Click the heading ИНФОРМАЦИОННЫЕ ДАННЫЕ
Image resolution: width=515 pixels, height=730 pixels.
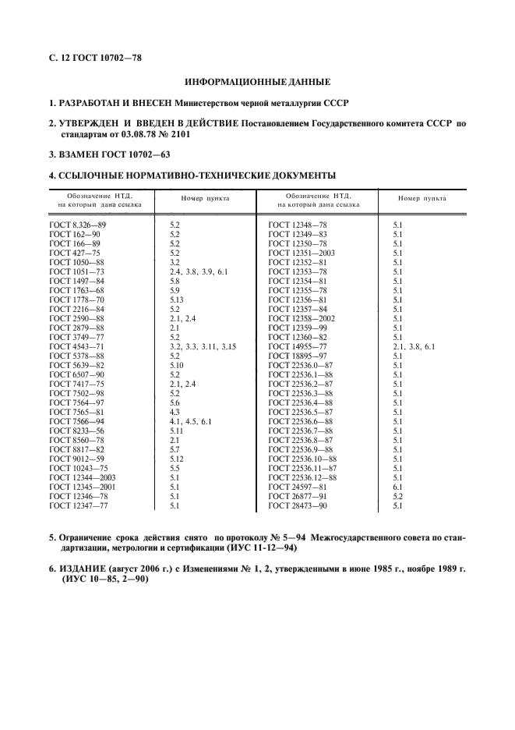pos(257,81)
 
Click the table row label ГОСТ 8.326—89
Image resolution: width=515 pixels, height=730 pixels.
pos(77,225)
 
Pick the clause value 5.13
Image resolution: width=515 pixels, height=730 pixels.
pos(178,299)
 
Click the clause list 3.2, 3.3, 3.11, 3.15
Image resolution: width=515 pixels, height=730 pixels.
pos(203,346)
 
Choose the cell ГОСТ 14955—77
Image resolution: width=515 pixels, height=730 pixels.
pos(297,346)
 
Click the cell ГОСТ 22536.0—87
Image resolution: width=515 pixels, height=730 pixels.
pos(301,364)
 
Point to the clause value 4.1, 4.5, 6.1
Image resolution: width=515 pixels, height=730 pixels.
pos(190,420)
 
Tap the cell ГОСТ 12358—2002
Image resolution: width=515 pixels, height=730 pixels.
pos(301,317)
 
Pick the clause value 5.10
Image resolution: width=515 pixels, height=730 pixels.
pos(178,364)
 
